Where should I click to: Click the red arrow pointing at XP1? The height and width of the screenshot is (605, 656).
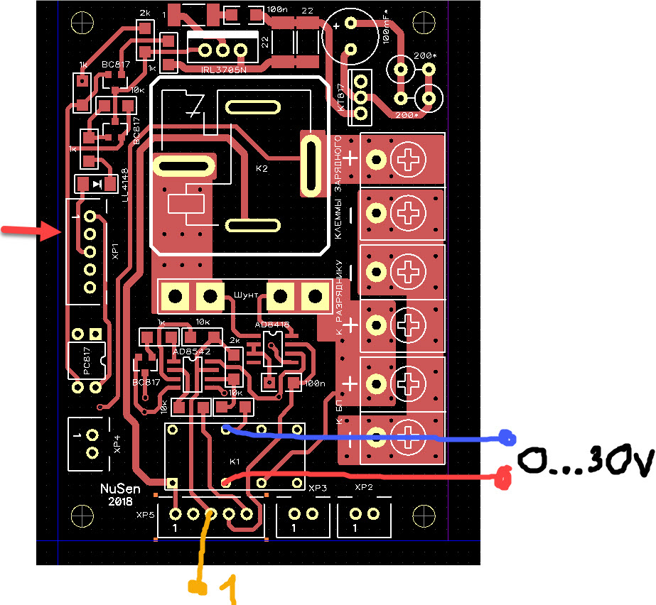pyautogui.click(x=32, y=229)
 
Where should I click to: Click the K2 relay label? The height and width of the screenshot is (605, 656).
pyautogui.click(x=262, y=170)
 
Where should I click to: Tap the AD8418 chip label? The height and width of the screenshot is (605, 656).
pyautogui.click(x=272, y=325)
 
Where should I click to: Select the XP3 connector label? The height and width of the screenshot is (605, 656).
pyautogui.click(x=318, y=489)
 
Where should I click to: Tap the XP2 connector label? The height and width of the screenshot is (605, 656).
pyautogui.click(x=364, y=489)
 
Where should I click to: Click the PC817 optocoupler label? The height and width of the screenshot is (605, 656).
pyautogui.click(x=87, y=363)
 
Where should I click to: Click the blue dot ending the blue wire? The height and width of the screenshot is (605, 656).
pyautogui.click(x=506, y=438)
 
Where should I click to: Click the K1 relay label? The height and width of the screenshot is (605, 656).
pyautogui.click(x=235, y=462)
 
